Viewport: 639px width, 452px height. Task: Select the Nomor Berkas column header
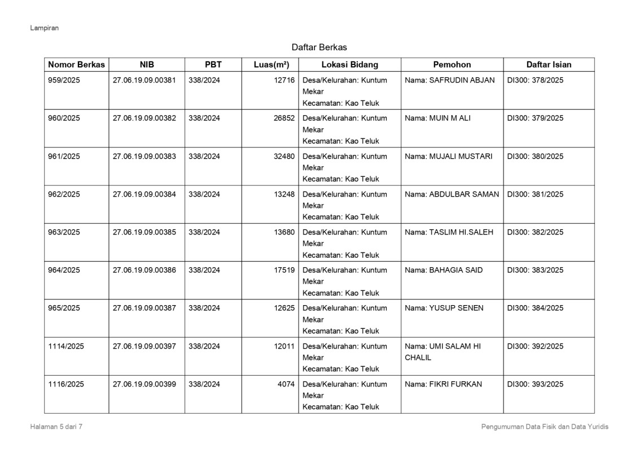click(76, 64)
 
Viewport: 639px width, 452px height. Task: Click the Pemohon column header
click(452, 64)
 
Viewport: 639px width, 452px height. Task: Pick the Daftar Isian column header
click(549, 64)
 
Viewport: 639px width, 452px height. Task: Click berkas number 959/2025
click(64, 80)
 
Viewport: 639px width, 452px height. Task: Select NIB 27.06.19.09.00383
click(145, 156)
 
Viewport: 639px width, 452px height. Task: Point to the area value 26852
click(284, 118)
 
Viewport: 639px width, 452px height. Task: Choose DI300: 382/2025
click(535, 232)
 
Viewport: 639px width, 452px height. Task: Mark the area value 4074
click(286, 384)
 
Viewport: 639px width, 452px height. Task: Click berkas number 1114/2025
click(66, 346)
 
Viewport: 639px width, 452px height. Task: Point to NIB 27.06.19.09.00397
click(145, 346)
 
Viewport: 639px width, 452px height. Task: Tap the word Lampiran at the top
click(45, 28)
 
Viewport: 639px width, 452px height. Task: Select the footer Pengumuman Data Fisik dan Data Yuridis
click(545, 427)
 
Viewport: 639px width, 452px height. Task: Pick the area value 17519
click(284, 270)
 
